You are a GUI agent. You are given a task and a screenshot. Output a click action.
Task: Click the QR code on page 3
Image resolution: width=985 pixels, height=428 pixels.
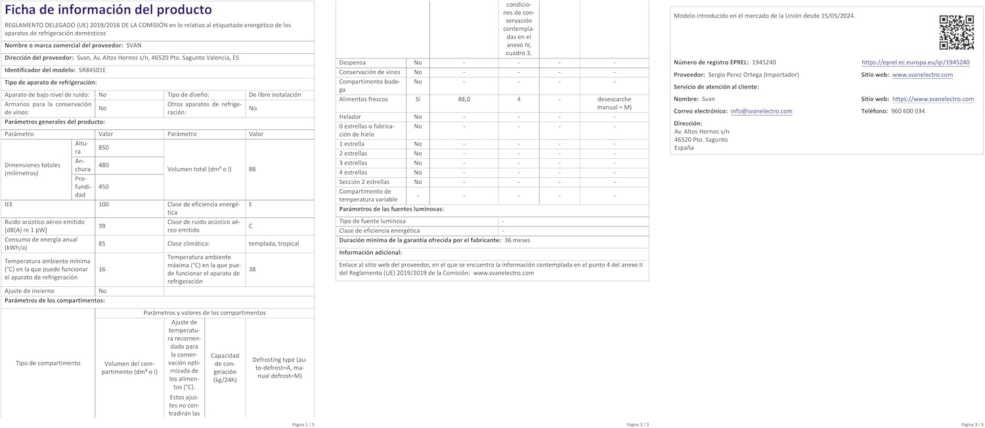(955, 32)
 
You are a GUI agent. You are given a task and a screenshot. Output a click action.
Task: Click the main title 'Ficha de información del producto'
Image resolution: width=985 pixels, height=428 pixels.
(108, 10)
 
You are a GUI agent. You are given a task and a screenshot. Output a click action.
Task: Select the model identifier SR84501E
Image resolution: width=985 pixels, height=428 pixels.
(92, 70)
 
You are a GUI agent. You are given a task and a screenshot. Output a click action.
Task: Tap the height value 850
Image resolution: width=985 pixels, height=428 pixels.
(104, 148)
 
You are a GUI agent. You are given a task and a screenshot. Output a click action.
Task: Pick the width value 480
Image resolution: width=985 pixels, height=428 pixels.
(104, 165)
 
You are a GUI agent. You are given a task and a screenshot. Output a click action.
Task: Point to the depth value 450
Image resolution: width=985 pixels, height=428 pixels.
(104, 186)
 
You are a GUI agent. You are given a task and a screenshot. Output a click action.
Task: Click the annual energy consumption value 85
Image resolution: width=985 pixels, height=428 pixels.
(102, 244)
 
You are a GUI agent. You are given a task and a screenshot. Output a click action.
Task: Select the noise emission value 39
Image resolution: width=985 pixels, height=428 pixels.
(102, 226)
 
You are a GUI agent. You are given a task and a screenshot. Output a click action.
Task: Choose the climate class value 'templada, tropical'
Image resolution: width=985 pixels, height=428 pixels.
(273, 244)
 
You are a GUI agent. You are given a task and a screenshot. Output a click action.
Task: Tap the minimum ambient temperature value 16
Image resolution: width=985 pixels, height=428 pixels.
(102, 269)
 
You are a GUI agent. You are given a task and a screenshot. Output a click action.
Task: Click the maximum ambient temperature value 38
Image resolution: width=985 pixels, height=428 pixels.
(253, 269)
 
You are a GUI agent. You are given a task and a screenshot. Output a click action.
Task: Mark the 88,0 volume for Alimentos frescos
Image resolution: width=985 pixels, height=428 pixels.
(464, 99)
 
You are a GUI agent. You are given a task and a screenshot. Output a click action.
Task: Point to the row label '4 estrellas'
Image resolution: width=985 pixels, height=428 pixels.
(353, 172)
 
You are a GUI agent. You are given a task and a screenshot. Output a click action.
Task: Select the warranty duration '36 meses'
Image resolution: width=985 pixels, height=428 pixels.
(517, 240)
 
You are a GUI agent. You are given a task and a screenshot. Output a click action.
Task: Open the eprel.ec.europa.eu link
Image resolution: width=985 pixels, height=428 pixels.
(915, 62)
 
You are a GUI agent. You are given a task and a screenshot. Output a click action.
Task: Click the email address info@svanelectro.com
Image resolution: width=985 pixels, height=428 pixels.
(761, 112)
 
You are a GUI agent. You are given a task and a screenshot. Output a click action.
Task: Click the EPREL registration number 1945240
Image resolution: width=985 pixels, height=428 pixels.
(764, 62)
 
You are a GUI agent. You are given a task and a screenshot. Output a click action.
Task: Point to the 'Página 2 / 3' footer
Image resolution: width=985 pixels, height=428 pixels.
(638, 425)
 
